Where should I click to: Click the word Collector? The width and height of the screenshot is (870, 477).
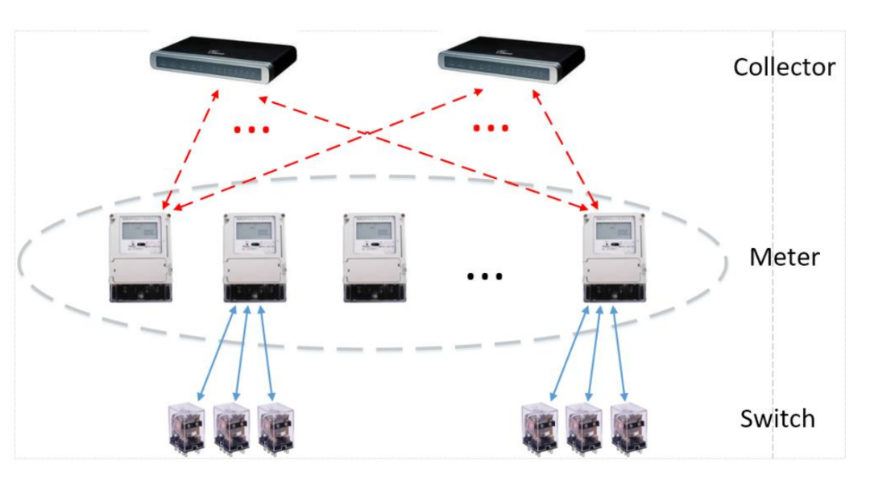pyautogui.click(x=784, y=67)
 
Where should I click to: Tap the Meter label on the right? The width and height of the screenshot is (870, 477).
pyautogui.click(x=784, y=258)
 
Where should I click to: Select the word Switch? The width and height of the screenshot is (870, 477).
pyautogui.click(x=777, y=419)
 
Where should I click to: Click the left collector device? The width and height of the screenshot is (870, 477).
pyautogui.click(x=223, y=61)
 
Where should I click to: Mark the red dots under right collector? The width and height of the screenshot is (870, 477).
pyautogui.click(x=491, y=129)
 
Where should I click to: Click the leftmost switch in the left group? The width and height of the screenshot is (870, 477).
pyautogui.click(x=187, y=428)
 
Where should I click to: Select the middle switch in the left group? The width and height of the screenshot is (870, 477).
pyautogui.click(x=231, y=428)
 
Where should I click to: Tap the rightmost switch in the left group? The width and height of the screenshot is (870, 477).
pyautogui.click(x=276, y=428)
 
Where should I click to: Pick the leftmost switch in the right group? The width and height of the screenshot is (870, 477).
pyautogui.click(x=541, y=428)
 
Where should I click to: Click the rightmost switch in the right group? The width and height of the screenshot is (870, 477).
pyautogui.click(x=629, y=428)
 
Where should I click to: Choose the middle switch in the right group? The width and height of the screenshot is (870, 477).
pyautogui.click(x=585, y=428)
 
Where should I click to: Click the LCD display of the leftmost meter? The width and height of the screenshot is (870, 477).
pyautogui.click(x=139, y=234)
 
